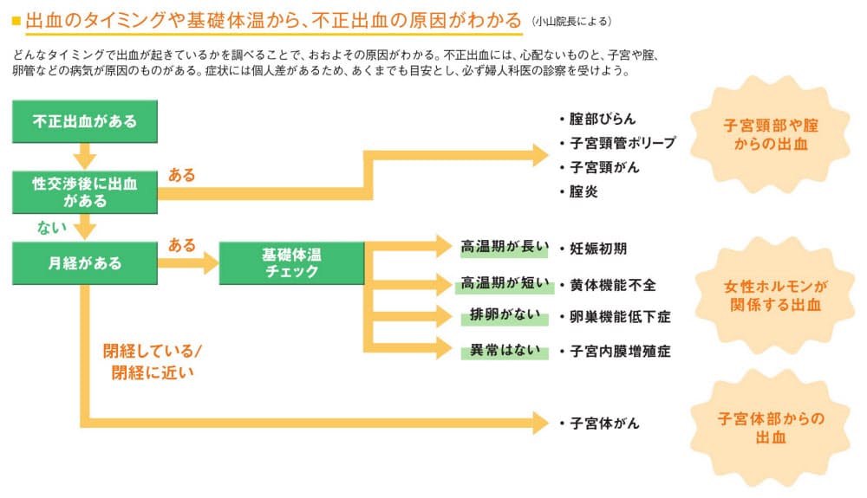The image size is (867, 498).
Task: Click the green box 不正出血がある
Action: [84, 121]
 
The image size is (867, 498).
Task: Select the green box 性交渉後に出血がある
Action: [84, 191]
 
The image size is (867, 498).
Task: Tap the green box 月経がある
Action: [84, 262]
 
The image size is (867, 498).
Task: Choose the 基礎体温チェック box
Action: [290, 262]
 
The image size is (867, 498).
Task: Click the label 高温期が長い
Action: [505, 247]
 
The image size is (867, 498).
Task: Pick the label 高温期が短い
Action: [505, 282]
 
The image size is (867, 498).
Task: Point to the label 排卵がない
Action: [505, 315]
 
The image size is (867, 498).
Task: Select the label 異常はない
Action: [505, 351]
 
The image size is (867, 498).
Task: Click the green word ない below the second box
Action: [49, 227]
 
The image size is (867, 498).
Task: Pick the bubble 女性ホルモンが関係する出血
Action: [774, 295]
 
